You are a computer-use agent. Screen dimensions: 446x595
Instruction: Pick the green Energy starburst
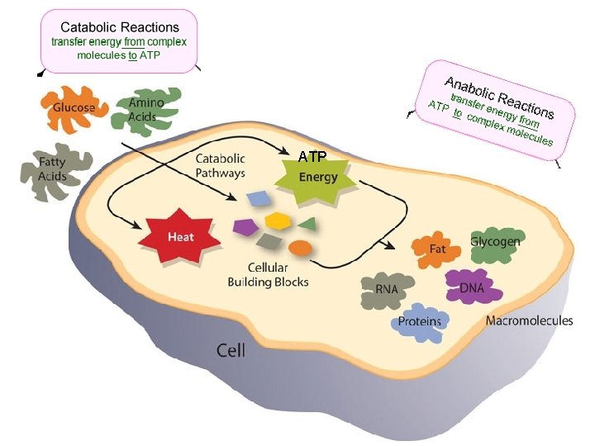pyautogui.click(x=318, y=177)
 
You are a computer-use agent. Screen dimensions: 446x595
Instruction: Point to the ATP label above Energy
pyautogui.click(x=313, y=156)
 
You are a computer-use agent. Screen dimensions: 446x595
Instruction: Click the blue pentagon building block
pyautogui.click(x=259, y=199)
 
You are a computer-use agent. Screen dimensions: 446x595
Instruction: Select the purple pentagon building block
pyautogui.click(x=245, y=226)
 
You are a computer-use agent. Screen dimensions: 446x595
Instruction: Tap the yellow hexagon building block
pyautogui.click(x=276, y=221)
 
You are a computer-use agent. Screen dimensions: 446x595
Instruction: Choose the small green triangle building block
pyautogui.click(x=307, y=223)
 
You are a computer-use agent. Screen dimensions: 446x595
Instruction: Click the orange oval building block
pyautogui.click(x=300, y=247)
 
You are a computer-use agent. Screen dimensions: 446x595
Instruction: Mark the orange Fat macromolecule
pyautogui.click(x=438, y=249)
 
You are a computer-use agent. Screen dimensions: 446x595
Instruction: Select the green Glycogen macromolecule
pyautogui.click(x=495, y=242)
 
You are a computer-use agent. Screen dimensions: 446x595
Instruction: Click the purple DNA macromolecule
pyautogui.click(x=472, y=287)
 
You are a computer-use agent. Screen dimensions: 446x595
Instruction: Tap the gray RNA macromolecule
pyautogui.click(x=387, y=290)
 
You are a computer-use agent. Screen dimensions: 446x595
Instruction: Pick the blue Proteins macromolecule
pyautogui.click(x=420, y=321)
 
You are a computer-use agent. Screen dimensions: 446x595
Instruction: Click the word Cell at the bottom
pyautogui.click(x=231, y=349)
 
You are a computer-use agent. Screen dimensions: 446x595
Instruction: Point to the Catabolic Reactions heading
pyautogui.click(x=120, y=27)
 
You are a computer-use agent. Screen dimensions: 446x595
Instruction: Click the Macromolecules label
pyautogui.click(x=529, y=320)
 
